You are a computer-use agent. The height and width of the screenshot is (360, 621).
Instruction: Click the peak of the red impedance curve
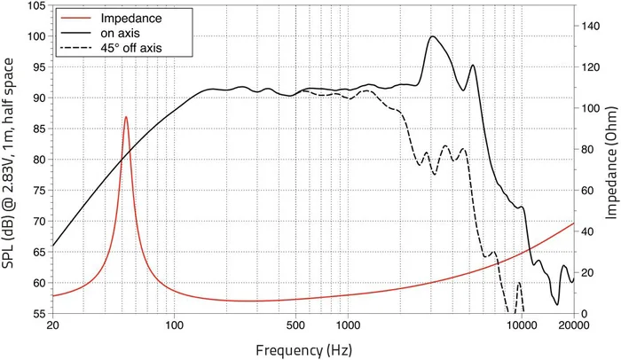(126, 117)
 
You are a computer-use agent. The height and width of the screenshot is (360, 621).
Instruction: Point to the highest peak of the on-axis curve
(432, 36)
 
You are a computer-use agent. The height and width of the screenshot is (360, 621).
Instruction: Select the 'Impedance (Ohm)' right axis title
(611, 160)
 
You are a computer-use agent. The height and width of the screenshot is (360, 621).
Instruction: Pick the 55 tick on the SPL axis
(38, 314)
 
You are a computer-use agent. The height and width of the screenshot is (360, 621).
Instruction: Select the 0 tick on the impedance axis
(583, 314)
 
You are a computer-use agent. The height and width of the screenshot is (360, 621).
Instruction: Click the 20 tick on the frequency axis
(53, 325)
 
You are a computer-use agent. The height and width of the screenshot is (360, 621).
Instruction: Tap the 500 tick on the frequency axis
(295, 325)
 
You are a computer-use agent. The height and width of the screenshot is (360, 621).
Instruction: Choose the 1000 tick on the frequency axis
(347, 325)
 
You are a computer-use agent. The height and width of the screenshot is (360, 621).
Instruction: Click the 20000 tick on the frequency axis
(573, 325)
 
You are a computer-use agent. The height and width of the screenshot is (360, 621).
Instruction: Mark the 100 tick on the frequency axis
(174, 325)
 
